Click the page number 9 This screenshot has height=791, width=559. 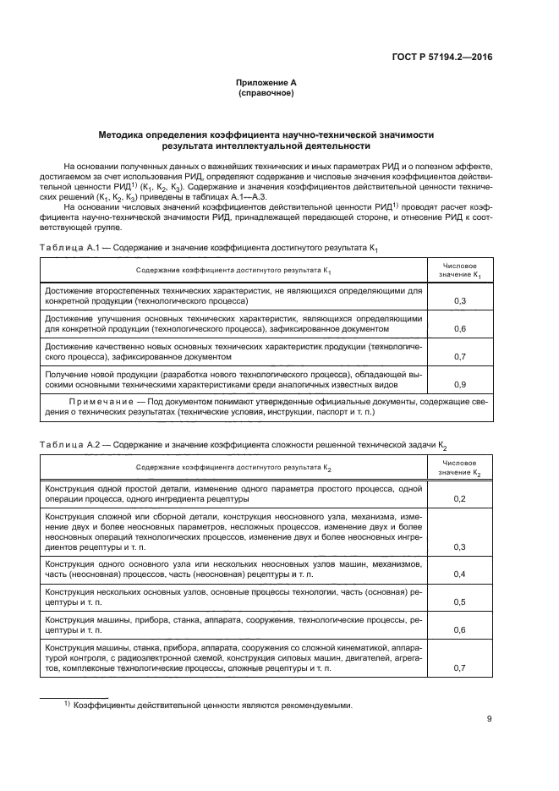pyautogui.click(x=490, y=719)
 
